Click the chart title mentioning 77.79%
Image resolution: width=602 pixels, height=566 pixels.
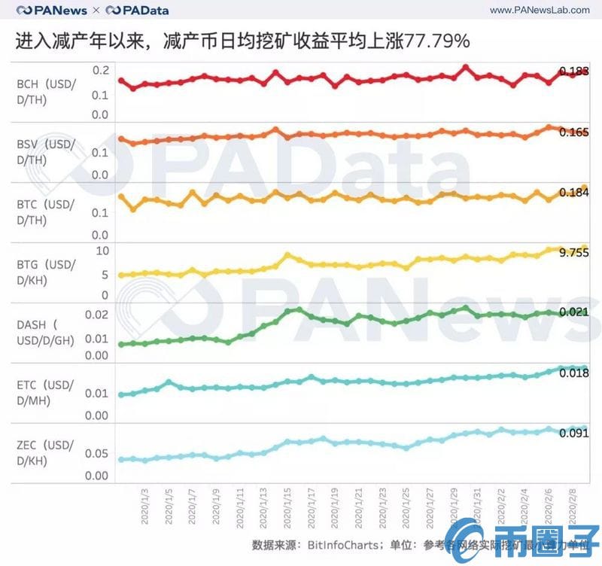coord(242,41)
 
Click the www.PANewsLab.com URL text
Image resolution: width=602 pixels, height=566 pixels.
coord(540,10)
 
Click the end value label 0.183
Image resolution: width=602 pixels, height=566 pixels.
coord(573,72)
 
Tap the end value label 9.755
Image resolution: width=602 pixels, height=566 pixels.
coord(573,253)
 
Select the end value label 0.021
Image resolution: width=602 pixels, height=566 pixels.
coord(573,312)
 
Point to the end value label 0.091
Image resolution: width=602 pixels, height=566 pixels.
coord(573,433)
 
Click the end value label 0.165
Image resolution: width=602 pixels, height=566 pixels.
coord(573,132)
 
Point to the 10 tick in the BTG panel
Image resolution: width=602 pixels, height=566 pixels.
coord(103,251)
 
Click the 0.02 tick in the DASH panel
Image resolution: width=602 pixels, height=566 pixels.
coord(97,315)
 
